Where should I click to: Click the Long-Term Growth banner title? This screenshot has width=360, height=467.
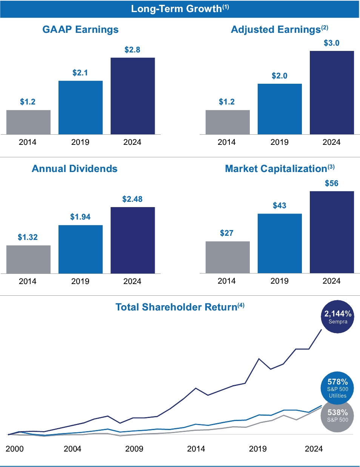pyautogui.click(x=180, y=9)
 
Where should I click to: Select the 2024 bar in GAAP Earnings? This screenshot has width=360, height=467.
pyautogui.click(x=132, y=96)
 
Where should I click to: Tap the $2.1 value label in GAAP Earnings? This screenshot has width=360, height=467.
pyautogui.click(x=80, y=73)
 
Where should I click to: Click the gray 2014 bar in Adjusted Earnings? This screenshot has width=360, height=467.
pyautogui.click(x=228, y=122)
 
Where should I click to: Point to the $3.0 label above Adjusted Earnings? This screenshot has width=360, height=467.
pyautogui.click(x=331, y=43)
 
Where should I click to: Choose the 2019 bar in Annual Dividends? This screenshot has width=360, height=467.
pyautogui.click(x=80, y=249)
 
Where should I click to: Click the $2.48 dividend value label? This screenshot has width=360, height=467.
pyautogui.click(x=132, y=199)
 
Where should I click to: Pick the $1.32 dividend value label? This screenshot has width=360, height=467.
pyautogui.click(x=28, y=237)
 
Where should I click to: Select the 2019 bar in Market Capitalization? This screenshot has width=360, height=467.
pyautogui.click(x=280, y=243)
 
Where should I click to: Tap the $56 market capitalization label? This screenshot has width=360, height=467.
pyautogui.click(x=331, y=183)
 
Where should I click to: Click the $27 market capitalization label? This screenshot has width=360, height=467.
pyautogui.click(x=226, y=233)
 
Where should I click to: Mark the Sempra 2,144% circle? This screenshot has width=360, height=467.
pyautogui.click(x=337, y=317)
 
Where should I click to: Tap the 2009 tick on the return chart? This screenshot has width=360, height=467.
pyautogui.click(x=134, y=449)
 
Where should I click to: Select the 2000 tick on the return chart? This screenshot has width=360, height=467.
pyautogui.click(x=14, y=449)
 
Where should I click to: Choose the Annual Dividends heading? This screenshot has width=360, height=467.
pyautogui.click(x=74, y=169)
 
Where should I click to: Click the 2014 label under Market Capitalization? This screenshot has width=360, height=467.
pyautogui.click(x=226, y=281)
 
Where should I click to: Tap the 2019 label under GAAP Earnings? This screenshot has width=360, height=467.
pyautogui.click(x=80, y=142)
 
